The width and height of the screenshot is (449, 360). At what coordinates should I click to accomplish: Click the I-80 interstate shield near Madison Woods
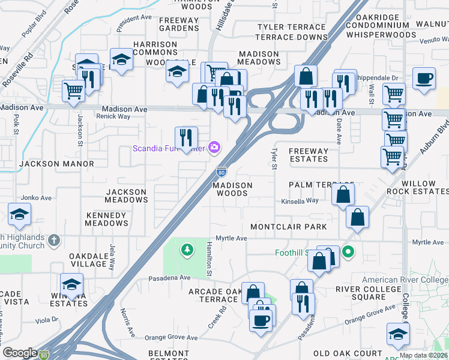(x=221, y=172)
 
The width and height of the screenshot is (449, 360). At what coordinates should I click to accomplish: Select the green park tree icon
(x=187, y=248)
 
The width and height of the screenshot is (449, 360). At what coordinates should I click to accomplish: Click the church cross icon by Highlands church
(x=54, y=241)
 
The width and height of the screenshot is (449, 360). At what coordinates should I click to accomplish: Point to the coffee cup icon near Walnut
(x=424, y=79)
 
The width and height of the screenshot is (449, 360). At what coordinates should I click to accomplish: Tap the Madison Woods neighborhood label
(x=232, y=189)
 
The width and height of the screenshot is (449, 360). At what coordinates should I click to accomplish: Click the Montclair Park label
(x=289, y=227)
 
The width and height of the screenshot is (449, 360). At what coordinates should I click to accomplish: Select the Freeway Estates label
(x=308, y=155)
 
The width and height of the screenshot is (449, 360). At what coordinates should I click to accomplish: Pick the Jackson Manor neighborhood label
(x=56, y=164)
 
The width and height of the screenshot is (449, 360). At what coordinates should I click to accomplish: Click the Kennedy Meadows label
(x=107, y=219)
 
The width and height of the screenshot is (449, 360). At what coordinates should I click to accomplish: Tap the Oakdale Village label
(x=88, y=260)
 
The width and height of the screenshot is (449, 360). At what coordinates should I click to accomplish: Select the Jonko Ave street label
(x=33, y=197)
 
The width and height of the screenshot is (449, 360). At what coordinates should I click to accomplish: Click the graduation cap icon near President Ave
(x=121, y=59)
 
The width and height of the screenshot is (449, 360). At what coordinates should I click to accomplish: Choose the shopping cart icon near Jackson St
(x=73, y=91)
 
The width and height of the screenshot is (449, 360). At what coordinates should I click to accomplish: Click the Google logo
(x=20, y=353)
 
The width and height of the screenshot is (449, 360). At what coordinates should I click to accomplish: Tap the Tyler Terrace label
(x=291, y=28)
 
